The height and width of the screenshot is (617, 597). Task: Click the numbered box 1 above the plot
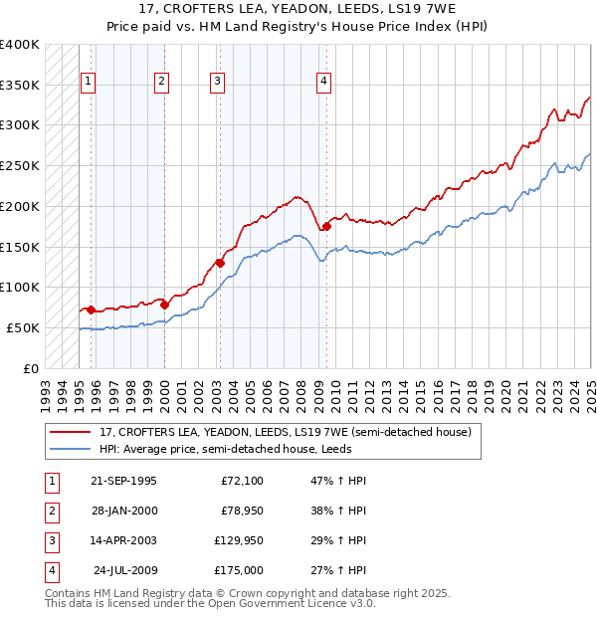(x=89, y=83)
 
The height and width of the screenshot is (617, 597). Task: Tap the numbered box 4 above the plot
(x=324, y=83)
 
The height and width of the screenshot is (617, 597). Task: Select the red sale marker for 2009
(x=326, y=227)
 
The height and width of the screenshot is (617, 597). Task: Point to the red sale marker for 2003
(x=220, y=264)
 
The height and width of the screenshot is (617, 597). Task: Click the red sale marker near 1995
(x=91, y=310)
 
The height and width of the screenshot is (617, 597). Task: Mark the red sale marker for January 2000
(x=164, y=305)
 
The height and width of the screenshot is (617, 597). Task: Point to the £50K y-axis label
(x=23, y=327)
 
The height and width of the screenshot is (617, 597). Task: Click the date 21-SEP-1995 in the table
(x=123, y=482)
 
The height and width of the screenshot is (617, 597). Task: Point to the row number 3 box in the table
(x=52, y=541)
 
